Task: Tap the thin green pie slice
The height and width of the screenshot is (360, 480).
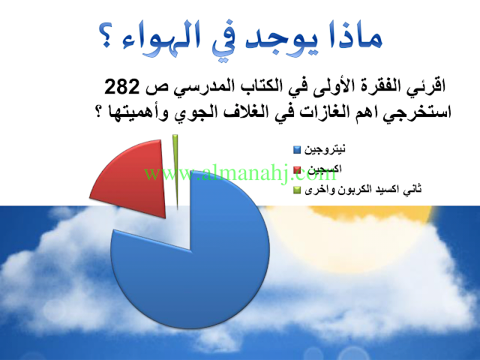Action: click(175, 172)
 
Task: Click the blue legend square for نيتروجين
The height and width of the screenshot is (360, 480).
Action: click(297, 150)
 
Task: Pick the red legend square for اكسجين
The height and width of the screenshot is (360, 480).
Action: click(297, 170)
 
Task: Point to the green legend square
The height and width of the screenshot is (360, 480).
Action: click(297, 190)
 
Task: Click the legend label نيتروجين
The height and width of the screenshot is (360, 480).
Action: click(325, 149)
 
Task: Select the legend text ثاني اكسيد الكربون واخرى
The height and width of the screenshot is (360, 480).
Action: click(363, 190)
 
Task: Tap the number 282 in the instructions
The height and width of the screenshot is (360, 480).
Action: click(122, 87)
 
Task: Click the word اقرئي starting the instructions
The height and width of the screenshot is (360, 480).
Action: click(424, 85)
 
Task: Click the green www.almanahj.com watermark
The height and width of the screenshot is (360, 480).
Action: click(240, 174)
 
